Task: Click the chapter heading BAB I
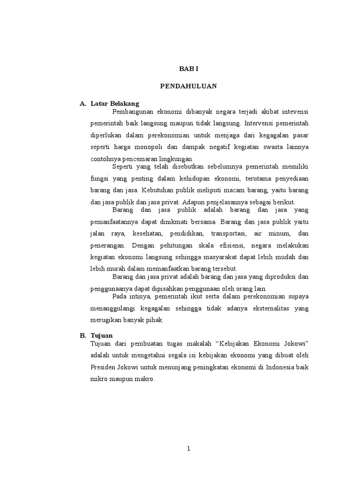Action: pyautogui.click(x=189, y=68)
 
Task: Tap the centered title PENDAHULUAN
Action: pyautogui.click(x=189, y=86)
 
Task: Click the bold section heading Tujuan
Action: pyautogui.click(x=102, y=336)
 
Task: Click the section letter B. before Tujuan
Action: pyautogui.click(x=82, y=336)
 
